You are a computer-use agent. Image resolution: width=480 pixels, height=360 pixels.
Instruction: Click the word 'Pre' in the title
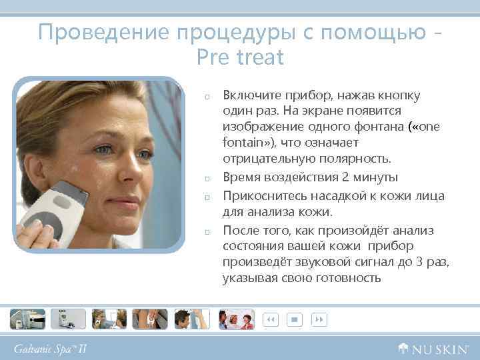click(213, 58)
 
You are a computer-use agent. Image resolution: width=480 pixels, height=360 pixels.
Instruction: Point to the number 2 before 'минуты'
click(345, 177)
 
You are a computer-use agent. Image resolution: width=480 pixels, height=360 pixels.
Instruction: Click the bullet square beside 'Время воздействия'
click(208, 179)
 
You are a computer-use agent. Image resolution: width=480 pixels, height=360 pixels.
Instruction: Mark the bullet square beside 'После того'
click(208, 231)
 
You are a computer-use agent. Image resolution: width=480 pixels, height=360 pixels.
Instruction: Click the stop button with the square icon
click(294, 319)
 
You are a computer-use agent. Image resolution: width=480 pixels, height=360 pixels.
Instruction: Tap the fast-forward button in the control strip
click(319, 319)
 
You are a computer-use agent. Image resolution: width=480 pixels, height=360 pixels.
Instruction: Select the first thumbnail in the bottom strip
click(27, 319)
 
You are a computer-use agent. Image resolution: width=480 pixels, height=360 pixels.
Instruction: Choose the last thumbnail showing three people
click(237, 319)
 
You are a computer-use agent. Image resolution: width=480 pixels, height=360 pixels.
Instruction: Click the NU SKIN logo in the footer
click(433, 348)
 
